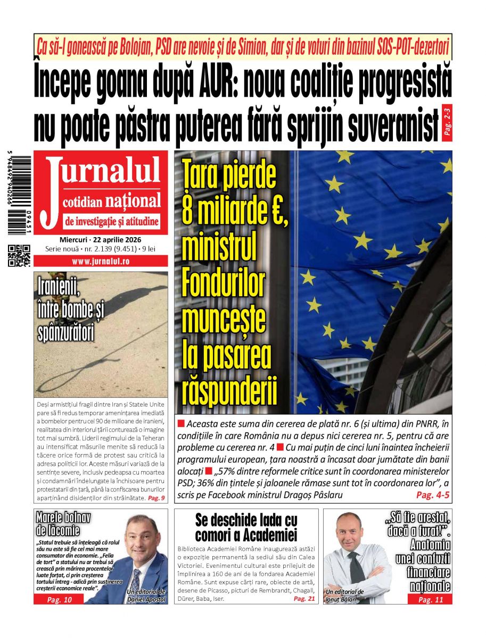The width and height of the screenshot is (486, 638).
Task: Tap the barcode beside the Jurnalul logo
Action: click(x=19, y=194)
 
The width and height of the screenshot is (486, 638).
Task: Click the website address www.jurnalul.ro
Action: click(x=101, y=262)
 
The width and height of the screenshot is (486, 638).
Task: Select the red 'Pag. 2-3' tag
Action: click(x=446, y=123)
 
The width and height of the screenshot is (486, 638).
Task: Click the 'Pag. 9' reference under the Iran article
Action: click(x=156, y=498)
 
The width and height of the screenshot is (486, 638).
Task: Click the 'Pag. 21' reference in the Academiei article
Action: click(x=304, y=599)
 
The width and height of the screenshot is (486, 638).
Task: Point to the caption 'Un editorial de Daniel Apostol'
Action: click(x=146, y=595)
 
